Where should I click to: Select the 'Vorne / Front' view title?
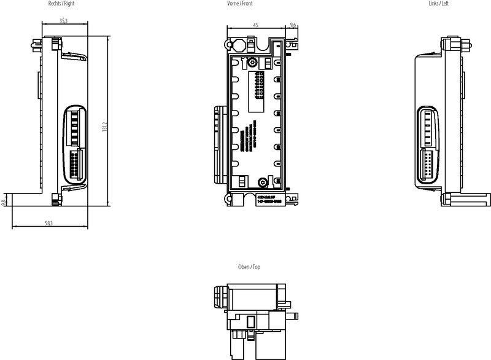(239, 4)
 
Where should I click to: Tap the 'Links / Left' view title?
(439, 4)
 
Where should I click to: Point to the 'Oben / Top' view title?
(249, 268)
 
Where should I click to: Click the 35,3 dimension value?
(64, 21)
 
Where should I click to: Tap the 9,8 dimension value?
(4, 202)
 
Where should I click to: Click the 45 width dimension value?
(255, 25)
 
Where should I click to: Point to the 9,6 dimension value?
(293, 25)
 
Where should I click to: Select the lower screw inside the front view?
(262, 182)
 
